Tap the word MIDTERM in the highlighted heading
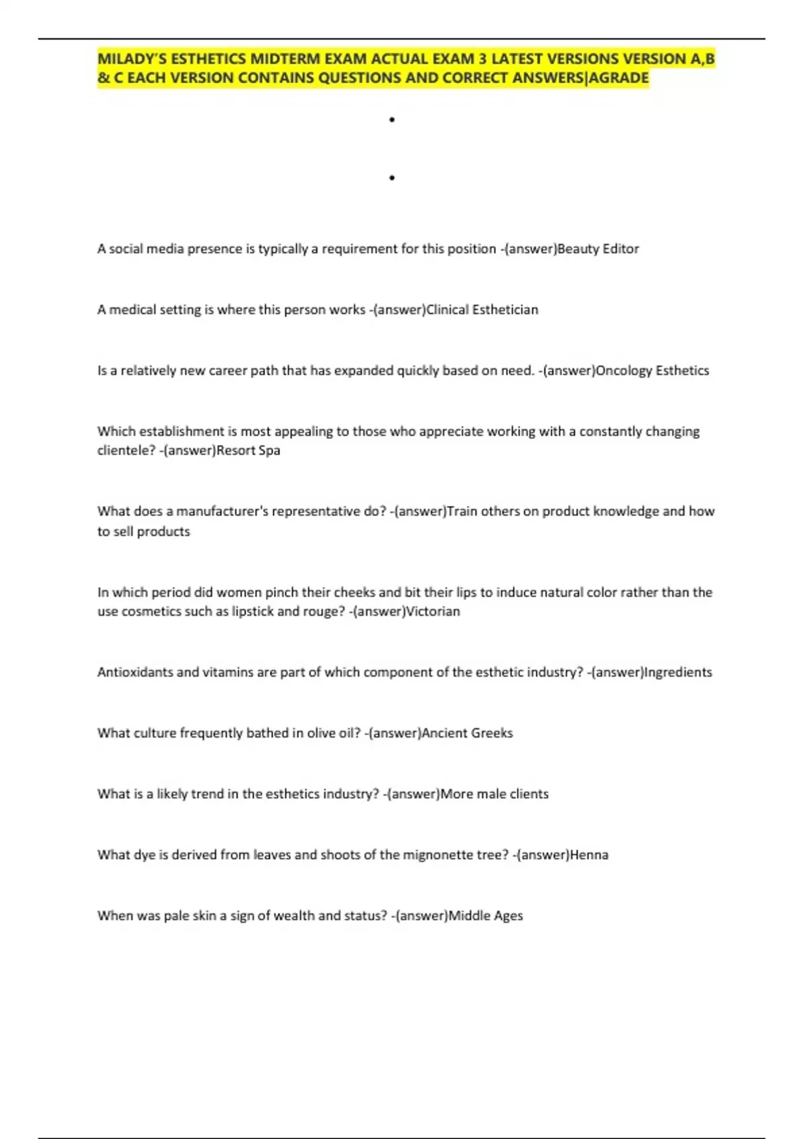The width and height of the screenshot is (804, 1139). (x=281, y=59)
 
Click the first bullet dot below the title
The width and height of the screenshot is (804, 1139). (x=392, y=120)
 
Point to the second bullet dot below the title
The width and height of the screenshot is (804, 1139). (x=392, y=178)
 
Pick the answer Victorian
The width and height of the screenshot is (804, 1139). (x=433, y=611)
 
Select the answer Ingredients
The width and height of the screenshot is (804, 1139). (x=677, y=672)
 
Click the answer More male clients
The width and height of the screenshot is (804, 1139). (x=494, y=794)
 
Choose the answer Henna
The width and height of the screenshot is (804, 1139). (x=589, y=855)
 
